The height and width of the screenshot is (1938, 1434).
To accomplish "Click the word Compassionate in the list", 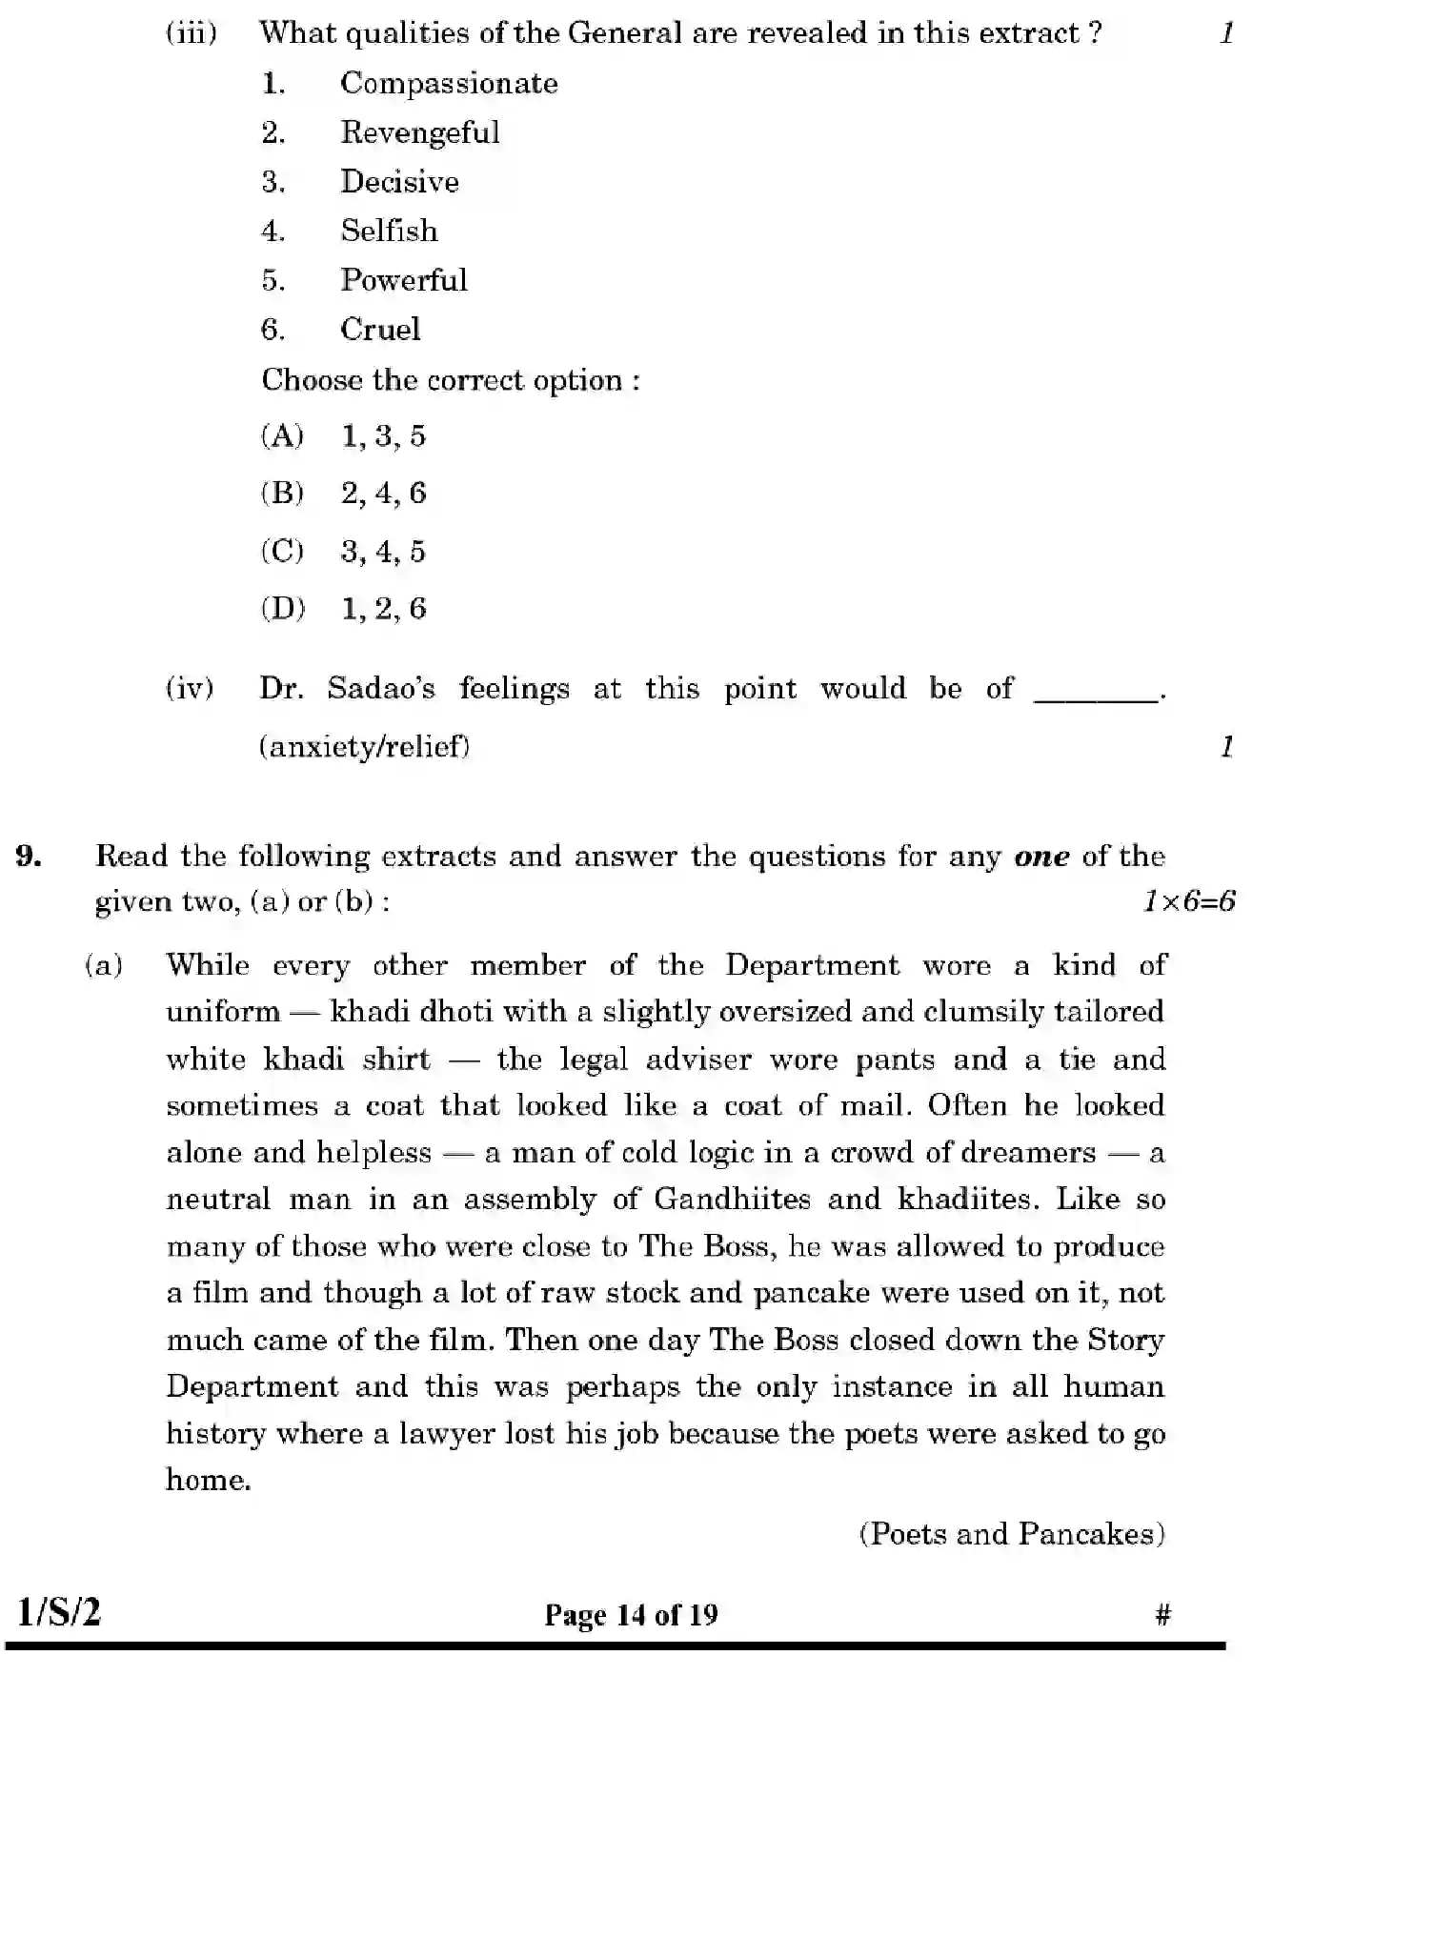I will click(x=449, y=84).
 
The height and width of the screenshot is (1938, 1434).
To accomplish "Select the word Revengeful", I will click(x=420, y=132).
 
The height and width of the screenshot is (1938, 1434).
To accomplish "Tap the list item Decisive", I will click(x=400, y=182).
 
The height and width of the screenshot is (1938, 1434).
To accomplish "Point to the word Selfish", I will click(x=390, y=231).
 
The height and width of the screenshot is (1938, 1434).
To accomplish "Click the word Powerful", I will click(x=404, y=280).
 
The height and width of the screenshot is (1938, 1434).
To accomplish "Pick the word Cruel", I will click(x=380, y=330).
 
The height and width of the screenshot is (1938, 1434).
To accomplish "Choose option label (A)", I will click(x=282, y=436).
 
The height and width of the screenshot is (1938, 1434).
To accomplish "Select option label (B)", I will click(x=282, y=494).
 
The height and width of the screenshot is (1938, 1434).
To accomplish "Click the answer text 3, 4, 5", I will click(x=383, y=552).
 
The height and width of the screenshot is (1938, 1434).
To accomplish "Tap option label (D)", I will click(x=283, y=609).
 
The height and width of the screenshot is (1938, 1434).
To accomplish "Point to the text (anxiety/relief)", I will click(x=365, y=746).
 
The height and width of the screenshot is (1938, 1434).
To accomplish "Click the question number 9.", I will click(x=29, y=856).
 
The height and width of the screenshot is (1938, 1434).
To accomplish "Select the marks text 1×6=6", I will click(x=1188, y=901).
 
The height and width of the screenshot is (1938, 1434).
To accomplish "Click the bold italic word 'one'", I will click(x=1041, y=856).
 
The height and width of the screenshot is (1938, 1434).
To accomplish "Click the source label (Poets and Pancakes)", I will click(x=1012, y=1534).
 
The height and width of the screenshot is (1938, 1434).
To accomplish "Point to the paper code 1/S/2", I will click(x=59, y=1613).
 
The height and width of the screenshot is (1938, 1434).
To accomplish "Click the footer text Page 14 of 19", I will click(x=631, y=1615).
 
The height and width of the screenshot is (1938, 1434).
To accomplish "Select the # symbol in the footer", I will click(x=1162, y=1614).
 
